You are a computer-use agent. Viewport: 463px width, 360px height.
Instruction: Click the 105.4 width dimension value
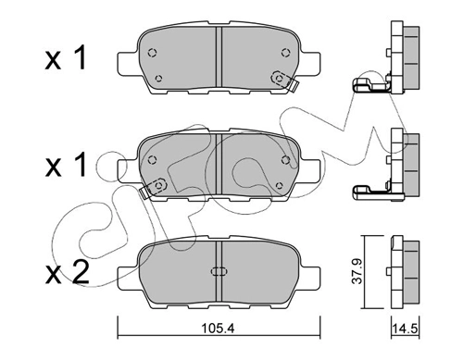tap(218, 329)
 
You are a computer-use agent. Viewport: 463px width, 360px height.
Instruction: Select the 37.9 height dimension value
tap(357, 271)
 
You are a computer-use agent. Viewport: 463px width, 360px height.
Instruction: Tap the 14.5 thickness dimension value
tap(405, 329)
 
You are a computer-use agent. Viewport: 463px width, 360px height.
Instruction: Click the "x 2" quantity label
tap(67, 272)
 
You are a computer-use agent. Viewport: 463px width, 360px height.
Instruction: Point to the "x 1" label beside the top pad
tap(65, 57)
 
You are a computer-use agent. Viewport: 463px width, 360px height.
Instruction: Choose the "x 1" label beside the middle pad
tap(65, 165)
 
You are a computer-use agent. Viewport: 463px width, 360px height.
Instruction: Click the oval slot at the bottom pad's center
tap(219, 271)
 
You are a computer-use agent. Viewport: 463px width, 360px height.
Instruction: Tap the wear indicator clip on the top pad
tap(284, 81)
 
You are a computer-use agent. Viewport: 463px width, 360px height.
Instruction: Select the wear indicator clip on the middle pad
tap(154, 188)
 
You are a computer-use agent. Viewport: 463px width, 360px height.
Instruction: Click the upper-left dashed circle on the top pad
tap(153, 53)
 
